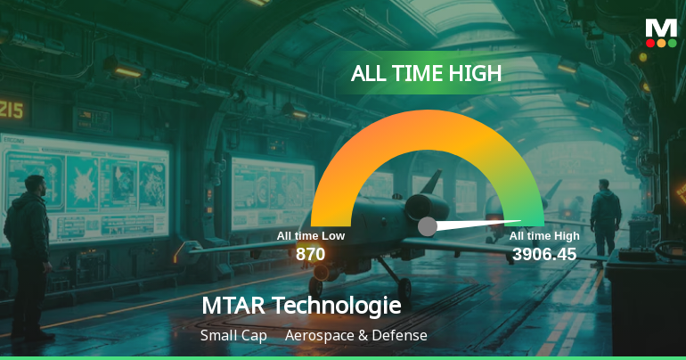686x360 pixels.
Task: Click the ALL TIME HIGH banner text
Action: pos(426,74)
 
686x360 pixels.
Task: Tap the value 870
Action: pos(310,254)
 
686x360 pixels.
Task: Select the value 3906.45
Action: pos(544,254)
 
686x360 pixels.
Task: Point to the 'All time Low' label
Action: pos(310,236)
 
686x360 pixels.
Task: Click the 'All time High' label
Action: pos(544,236)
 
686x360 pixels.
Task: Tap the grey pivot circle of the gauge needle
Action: pos(428,226)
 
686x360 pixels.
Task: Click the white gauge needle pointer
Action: pos(481,223)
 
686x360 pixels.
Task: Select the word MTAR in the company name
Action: pos(233,306)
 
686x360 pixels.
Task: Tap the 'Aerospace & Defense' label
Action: pos(356,336)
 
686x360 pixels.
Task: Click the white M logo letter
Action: pos(661,27)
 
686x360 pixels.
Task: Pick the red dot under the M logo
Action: pos(650,42)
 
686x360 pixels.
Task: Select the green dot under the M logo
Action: pos(672,42)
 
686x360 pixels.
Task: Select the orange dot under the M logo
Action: pos(661,42)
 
